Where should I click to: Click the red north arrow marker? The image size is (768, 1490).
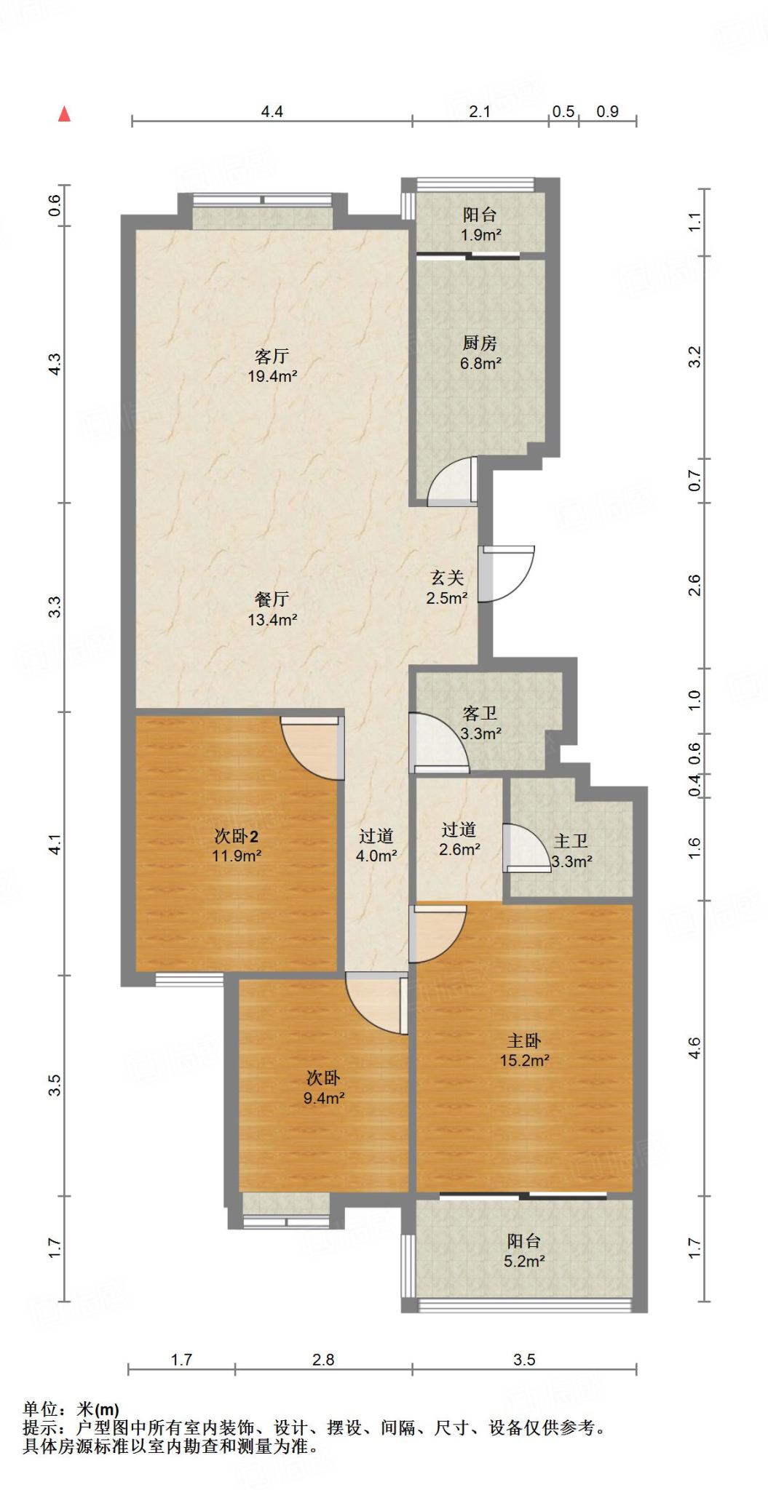point(65,113)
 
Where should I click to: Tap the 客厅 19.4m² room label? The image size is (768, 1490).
point(272,366)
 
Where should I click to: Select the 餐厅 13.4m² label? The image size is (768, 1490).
point(272,610)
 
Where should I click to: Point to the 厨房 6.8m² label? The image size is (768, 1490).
point(480,353)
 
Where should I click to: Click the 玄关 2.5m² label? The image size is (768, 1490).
point(447,588)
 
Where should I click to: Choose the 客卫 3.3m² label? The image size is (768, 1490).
point(480,723)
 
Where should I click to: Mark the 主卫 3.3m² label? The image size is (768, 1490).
point(571,851)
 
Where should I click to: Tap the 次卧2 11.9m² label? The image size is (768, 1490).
point(237,846)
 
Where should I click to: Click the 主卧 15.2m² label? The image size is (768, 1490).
point(524,1051)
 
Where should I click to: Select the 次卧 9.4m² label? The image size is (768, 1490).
point(324,1088)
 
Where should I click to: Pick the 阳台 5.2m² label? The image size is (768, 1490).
point(524,1251)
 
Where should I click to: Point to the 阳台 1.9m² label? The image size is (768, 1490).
point(480,225)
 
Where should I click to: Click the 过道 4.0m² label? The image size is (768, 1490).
point(376,845)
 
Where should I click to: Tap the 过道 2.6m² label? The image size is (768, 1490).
point(459,839)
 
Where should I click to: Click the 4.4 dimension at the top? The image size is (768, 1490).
point(272,111)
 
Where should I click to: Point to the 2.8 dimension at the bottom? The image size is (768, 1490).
point(323,1360)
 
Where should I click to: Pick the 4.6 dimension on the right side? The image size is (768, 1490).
point(694,1048)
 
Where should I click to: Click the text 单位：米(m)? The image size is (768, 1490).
point(71,1409)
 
